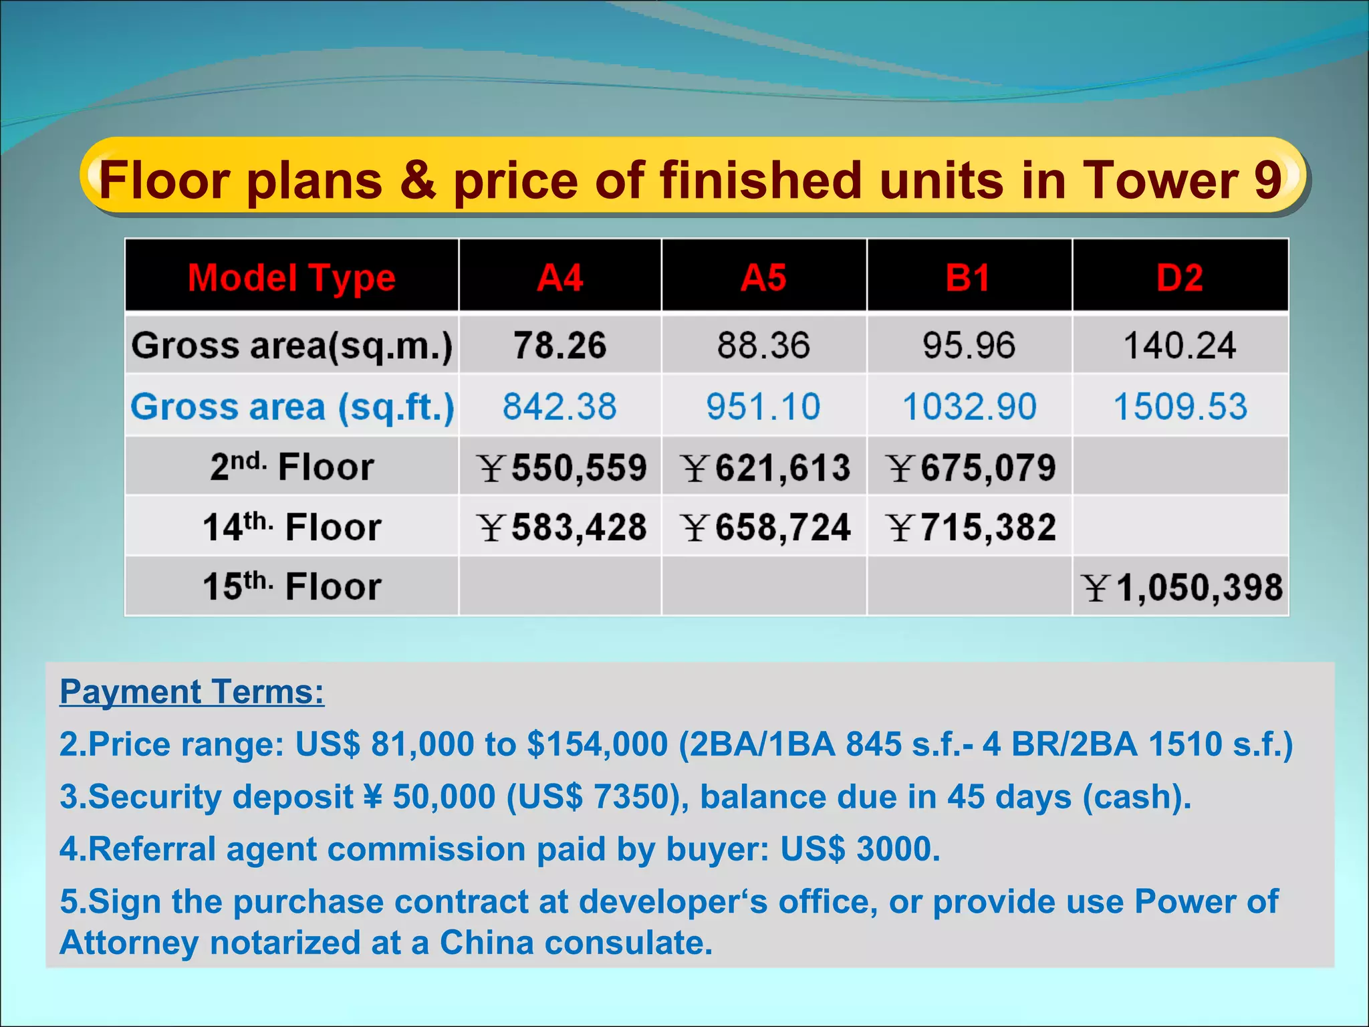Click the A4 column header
[560, 277]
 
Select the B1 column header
[968, 277]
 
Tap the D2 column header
[1180, 277]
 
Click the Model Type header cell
[291, 277]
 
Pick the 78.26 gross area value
[560, 345]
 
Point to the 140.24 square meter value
[1180, 346]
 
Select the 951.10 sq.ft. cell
[763, 407]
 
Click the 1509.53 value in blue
[1180, 407]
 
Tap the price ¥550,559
[562, 467]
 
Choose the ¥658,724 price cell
[766, 527]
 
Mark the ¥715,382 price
[971, 527]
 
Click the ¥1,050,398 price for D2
[1182, 588]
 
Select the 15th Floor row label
[291, 586]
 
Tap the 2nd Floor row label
[291, 466]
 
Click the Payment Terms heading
[192, 691]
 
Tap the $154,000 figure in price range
[597, 744]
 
